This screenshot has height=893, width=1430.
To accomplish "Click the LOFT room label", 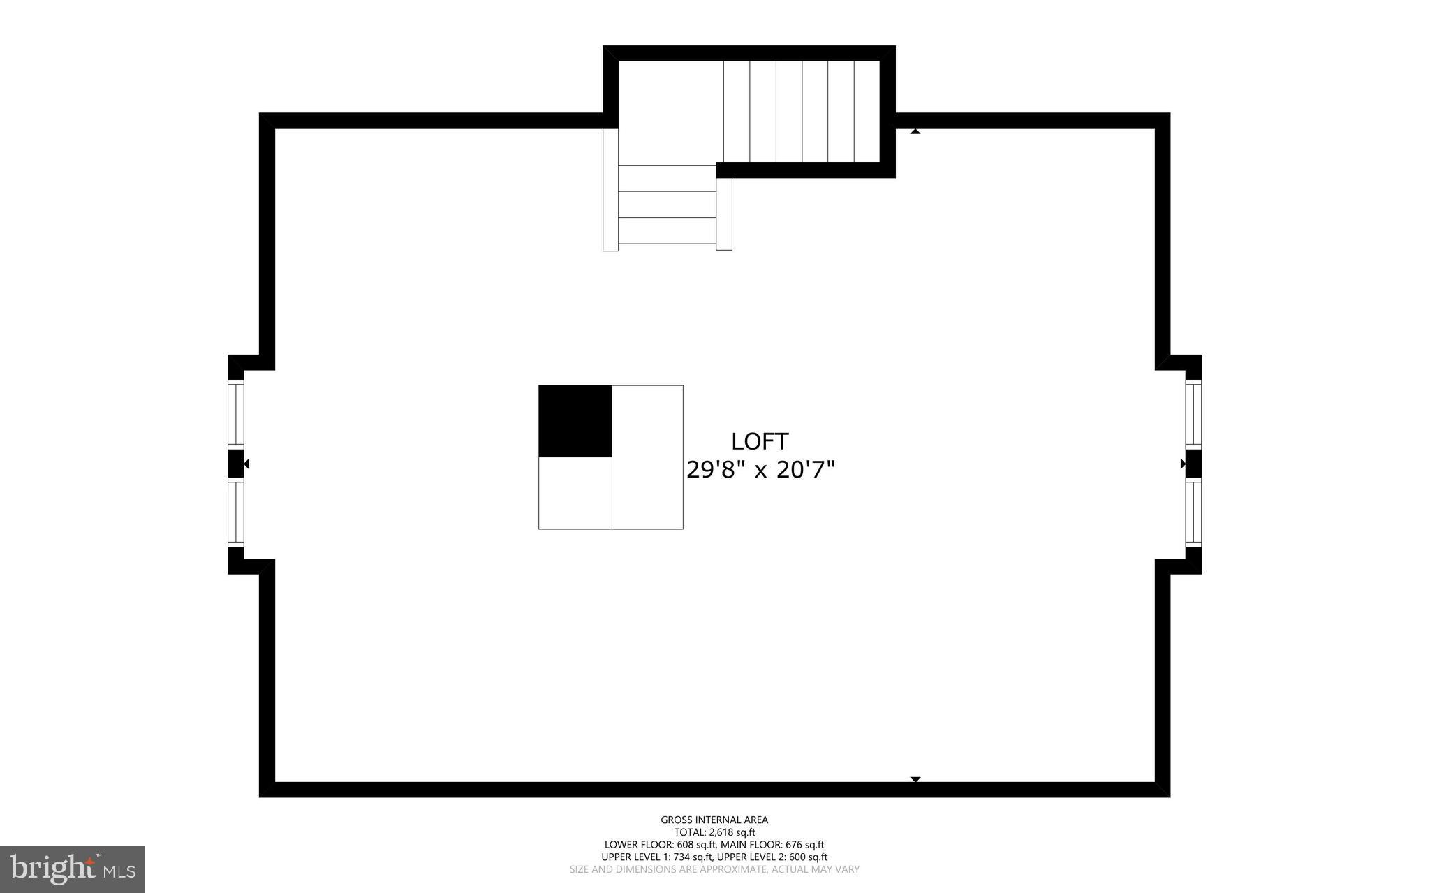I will (760, 441).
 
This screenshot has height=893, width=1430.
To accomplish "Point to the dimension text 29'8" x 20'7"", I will (760, 470).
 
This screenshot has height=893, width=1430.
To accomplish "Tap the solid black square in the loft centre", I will (575, 421).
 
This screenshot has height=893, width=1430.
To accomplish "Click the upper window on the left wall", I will (236, 413).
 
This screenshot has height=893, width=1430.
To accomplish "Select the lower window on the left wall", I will (236, 512).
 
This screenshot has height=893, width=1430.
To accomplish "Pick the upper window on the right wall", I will (1193, 413).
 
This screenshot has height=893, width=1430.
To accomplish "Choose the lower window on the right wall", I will (1193, 512).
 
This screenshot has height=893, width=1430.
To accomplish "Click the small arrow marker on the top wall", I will (915, 131).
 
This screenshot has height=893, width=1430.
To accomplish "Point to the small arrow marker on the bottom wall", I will (915, 779).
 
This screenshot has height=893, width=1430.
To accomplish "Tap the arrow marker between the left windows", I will (245, 464).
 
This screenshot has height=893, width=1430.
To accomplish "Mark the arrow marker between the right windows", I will (1184, 464).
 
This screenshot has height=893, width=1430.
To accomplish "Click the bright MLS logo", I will (73, 869).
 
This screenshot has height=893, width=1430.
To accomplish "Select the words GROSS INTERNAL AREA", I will (714, 820).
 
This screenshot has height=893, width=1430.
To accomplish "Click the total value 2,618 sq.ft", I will (732, 832).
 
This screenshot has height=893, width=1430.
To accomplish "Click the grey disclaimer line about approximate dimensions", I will (714, 869).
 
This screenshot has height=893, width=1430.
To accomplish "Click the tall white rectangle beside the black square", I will (647, 457).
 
